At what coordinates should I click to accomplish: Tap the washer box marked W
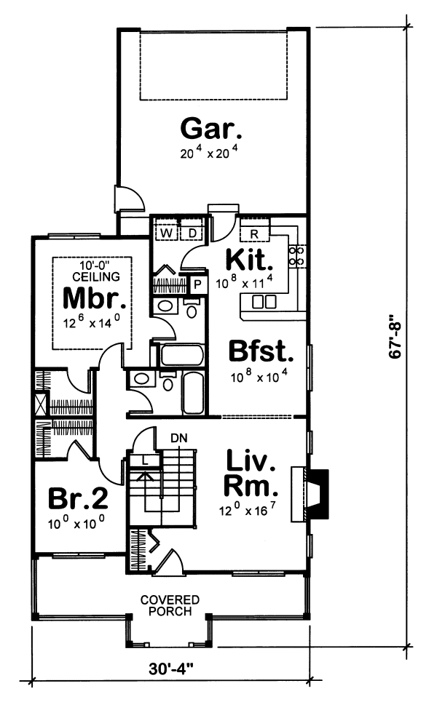pyautogui.click(x=167, y=233)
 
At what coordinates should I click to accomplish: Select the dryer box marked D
pyautogui.click(x=194, y=233)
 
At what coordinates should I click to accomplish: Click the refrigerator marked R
pyautogui.click(x=254, y=233)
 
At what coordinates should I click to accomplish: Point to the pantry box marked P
pyautogui.click(x=197, y=284)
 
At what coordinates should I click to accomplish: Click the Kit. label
pyautogui.click(x=249, y=260)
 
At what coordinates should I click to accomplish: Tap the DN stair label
pyautogui.click(x=178, y=439)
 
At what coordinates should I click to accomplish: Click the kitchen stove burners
pyautogui.click(x=297, y=255)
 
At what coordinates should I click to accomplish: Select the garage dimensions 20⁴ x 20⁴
pyautogui.click(x=211, y=153)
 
